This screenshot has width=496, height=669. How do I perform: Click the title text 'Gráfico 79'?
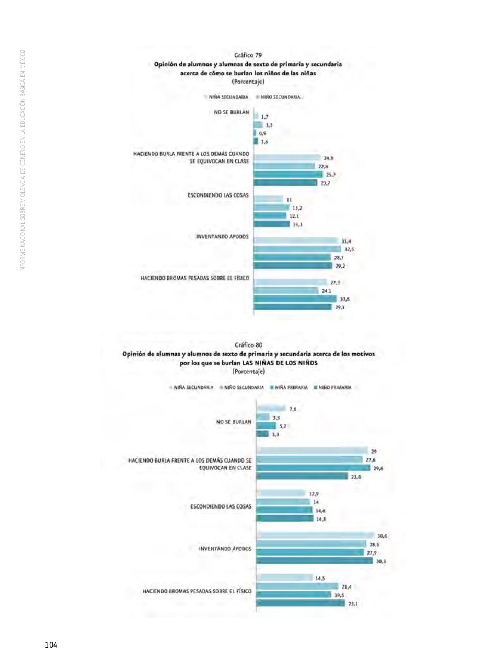coord(248,55)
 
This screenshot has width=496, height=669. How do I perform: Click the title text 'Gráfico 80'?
coord(249,345)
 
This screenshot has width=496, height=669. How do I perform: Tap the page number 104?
coord(51,645)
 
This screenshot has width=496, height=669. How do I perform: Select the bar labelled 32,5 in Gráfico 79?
coord(297,249)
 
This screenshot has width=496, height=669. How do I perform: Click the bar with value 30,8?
coord(295,298)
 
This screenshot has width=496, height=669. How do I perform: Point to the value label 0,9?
coord(262,133)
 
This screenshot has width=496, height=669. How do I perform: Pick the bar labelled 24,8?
coord(287,158)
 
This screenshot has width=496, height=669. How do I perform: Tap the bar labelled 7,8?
coord(271,409)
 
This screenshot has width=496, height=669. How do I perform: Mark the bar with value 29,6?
coord(313,468)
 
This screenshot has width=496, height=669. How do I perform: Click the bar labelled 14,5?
coord(284,578)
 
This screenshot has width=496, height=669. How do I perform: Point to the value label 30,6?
coord(382,536)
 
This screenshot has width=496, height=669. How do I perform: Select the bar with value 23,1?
coord(301,603)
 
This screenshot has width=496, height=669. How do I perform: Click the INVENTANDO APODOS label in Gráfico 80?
coord(225,549)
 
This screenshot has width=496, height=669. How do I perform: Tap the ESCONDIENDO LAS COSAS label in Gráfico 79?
coord(218,195)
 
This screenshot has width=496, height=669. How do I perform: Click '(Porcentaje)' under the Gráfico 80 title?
coord(249,371)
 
